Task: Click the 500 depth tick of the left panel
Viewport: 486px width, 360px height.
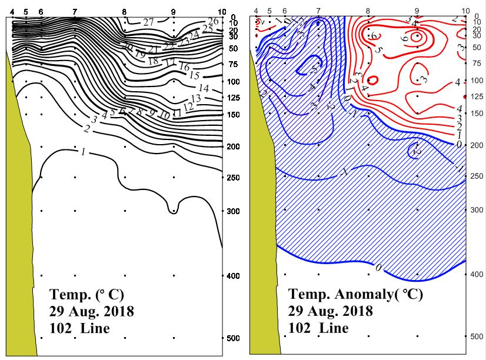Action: (x=232, y=338)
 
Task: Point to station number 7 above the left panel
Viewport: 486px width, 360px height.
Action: (x=74, y=12)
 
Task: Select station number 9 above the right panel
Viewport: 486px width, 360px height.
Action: (x=417, y=11)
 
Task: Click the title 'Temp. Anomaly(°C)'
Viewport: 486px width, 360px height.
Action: (x=355, y=295)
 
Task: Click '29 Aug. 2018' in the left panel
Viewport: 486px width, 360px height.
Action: (x=92, y=311)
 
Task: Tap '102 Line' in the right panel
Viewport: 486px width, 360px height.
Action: (x=318, y=328)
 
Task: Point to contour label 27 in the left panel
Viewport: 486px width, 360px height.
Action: (x=148, y=22)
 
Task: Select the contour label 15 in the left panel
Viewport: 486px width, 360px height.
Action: (x=195, y=75)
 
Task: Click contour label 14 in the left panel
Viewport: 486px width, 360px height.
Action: (x=204, y=88)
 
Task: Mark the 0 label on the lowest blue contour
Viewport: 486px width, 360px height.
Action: (x=378, y=268)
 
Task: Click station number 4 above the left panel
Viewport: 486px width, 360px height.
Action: (x=12, y=12)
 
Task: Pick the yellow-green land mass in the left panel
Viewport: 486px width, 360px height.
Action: (x=21, y=206)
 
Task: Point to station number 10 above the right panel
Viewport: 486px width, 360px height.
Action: (x=466, y=11)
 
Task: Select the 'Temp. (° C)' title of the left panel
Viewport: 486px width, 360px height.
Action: (x=87, y=294)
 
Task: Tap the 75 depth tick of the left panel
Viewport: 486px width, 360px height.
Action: (x=232, y=64)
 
